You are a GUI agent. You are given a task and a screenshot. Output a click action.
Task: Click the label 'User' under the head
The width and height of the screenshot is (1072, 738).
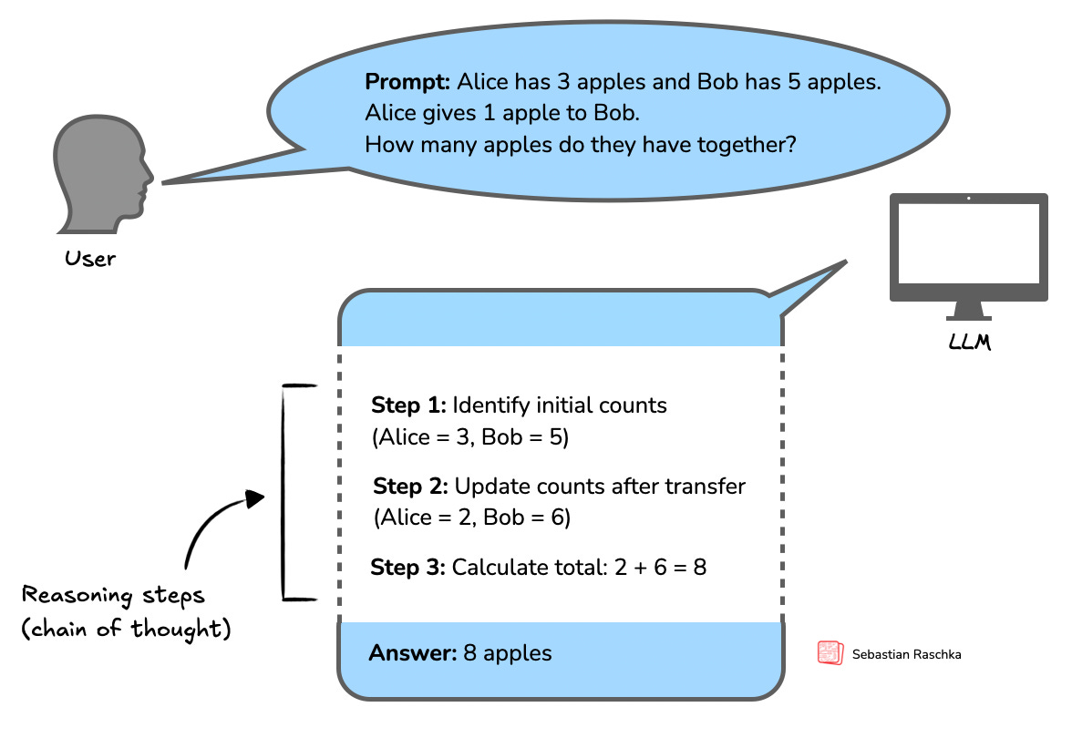[x=90, y=259]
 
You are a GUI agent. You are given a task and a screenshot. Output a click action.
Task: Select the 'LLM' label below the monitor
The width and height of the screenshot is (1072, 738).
[x=968, y=344]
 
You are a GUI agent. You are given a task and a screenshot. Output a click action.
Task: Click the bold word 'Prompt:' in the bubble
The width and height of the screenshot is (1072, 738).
[x=407, y=82]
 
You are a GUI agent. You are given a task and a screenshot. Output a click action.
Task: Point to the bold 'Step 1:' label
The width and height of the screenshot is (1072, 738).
[x=408, y=405]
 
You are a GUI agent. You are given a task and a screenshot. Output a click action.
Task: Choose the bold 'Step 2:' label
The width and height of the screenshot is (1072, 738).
[x=410, y=487]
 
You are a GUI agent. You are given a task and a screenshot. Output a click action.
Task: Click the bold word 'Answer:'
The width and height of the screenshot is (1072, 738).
[x=409, y=653]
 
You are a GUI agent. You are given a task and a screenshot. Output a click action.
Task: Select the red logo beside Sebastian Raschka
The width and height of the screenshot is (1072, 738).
[x=830, y=653]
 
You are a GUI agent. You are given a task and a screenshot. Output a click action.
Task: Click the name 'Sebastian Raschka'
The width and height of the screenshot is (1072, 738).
[x=906, y=654]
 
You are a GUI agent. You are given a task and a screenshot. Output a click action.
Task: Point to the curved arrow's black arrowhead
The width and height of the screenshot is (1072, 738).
[x=255, y=499]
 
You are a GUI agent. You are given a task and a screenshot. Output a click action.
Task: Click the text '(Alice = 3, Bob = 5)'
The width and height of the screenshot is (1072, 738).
[x=470, y=437]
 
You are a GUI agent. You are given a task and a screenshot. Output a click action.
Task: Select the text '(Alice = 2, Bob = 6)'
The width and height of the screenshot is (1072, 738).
[x=471, y=518]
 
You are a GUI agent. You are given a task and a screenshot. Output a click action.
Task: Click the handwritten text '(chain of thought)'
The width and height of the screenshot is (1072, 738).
[x=125, y=630]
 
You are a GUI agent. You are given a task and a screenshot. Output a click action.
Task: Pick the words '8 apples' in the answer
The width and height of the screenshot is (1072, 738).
[x=518, y=653]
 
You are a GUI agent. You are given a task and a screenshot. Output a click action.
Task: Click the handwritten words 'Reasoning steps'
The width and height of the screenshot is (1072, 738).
[x=114, y=597]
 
